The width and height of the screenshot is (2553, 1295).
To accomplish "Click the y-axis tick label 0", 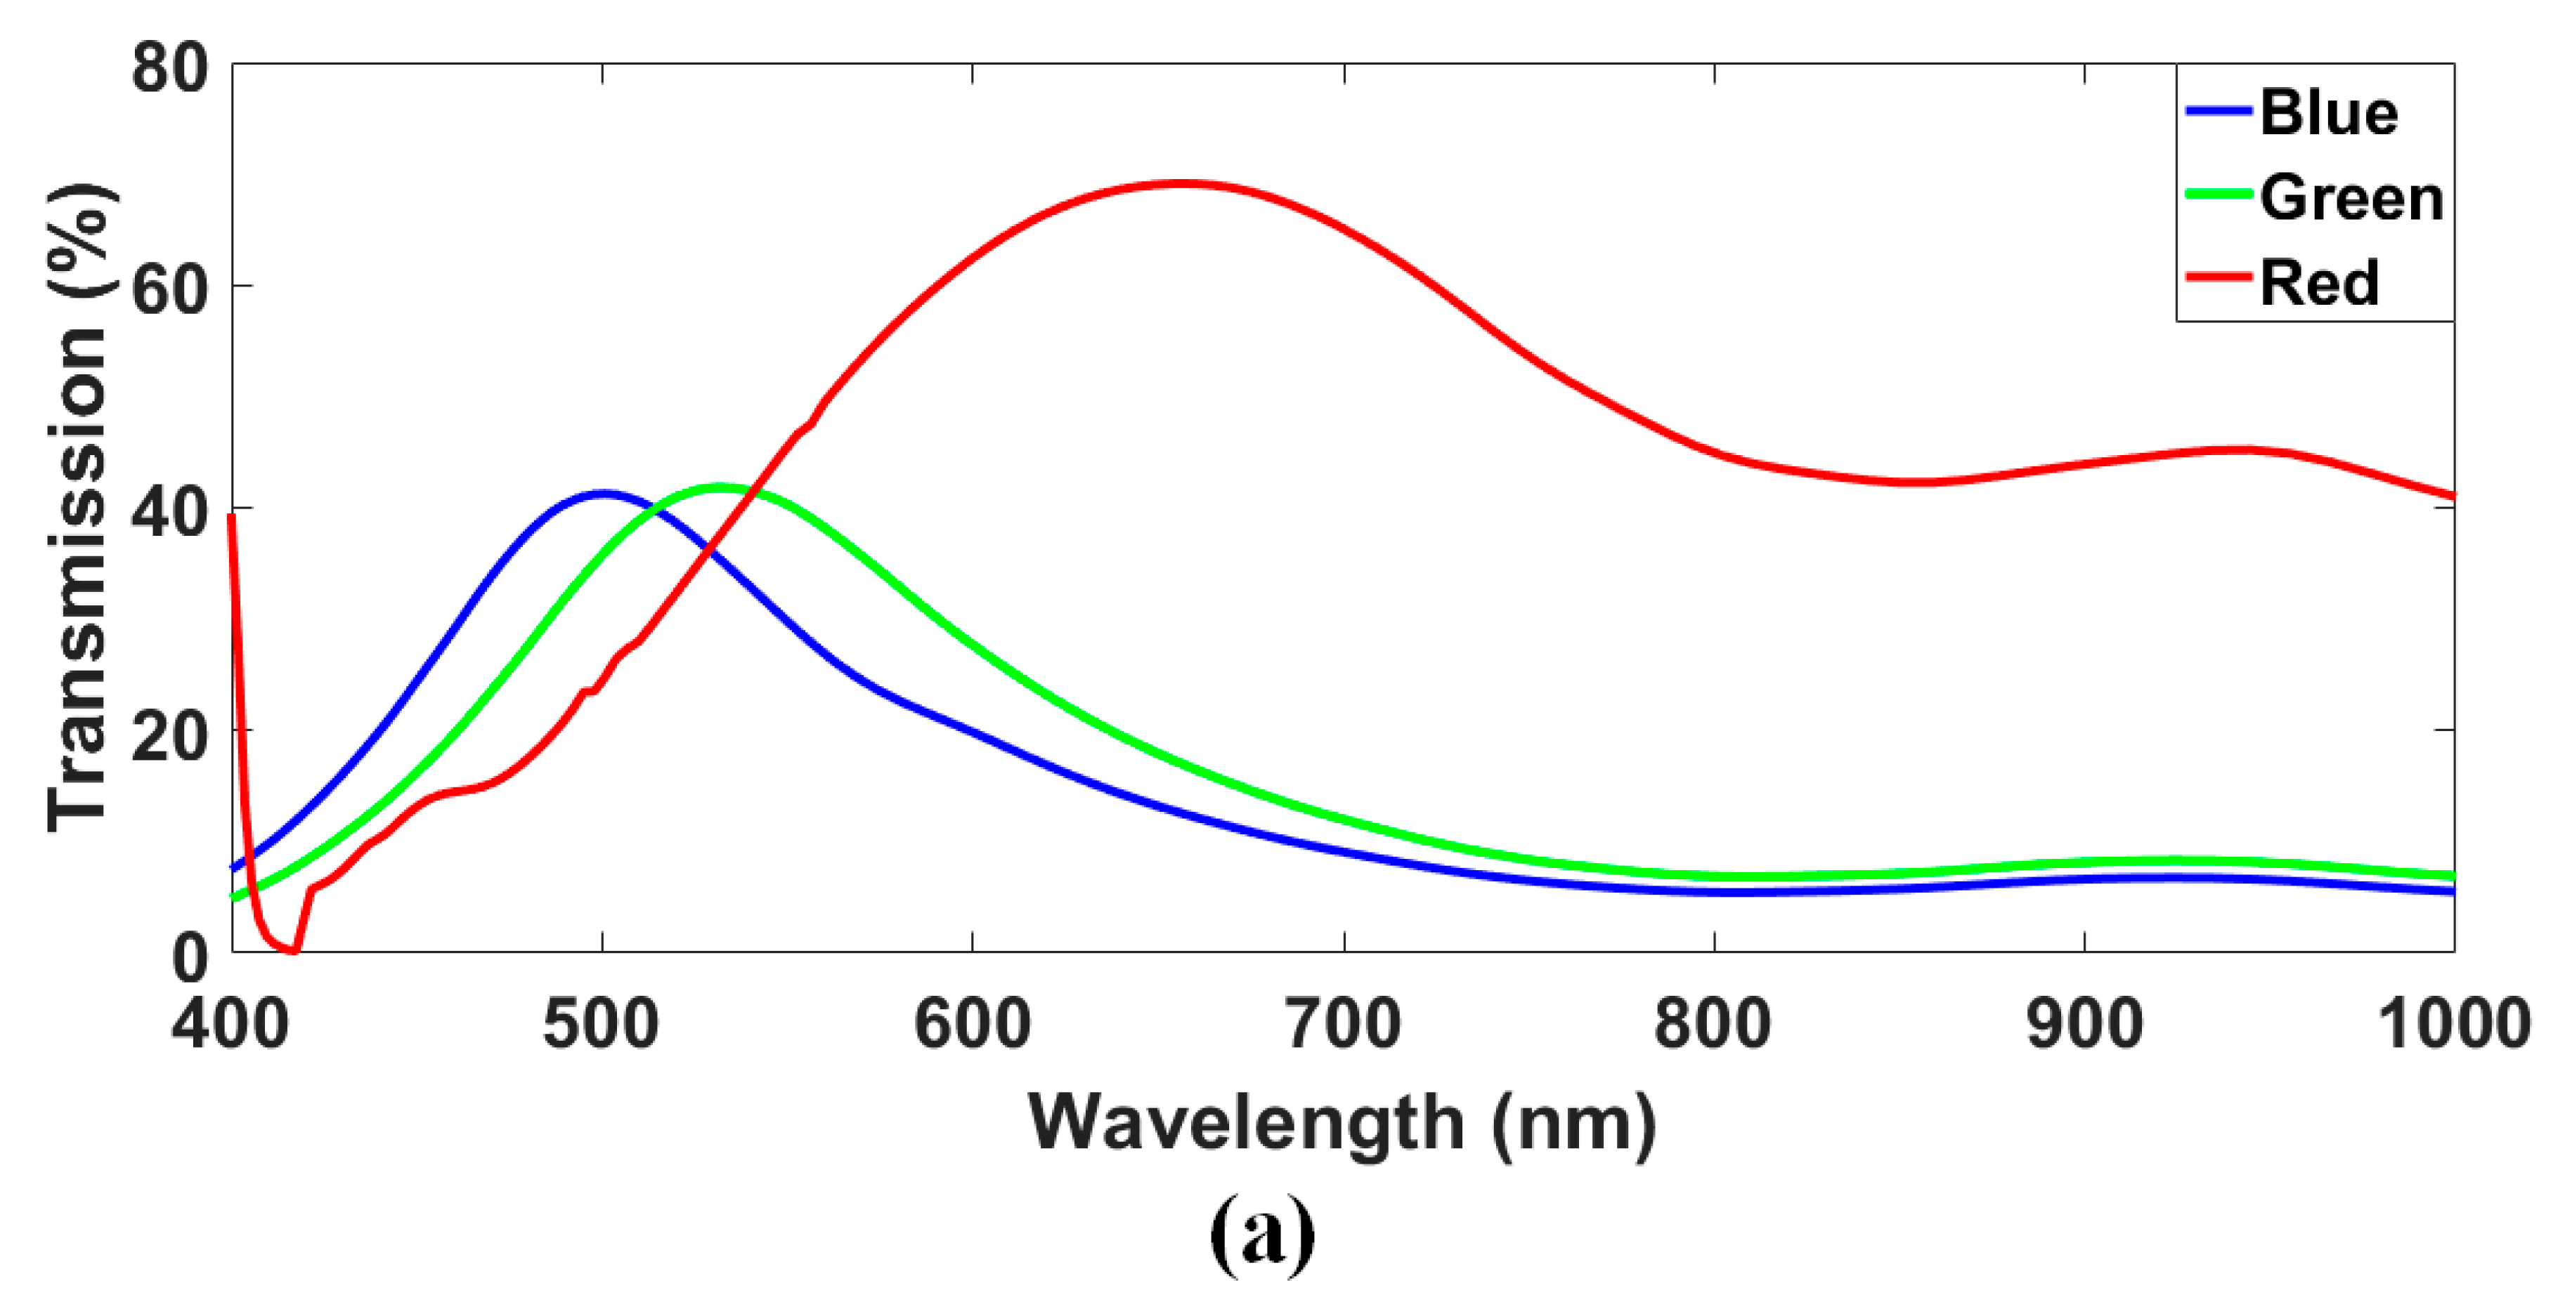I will pyautogui.click(x=190, y=957).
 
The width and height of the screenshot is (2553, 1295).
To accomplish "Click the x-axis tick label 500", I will pyautogui.click(x=601, y=1023).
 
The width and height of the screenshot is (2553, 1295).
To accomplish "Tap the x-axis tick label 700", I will pyautogui.click(x=1343, y=1023).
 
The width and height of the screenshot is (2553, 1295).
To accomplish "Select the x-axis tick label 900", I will pyautogui.click(x=2084, y=1023).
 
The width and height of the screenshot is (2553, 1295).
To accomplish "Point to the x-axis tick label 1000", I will pyautogui.click(x=2454, y=1023).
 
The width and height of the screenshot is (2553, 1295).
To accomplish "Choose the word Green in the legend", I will pyautogui.click(x=2351, y=197).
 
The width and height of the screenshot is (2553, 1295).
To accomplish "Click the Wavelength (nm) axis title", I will pyautogui.click(x=1342, y=1124).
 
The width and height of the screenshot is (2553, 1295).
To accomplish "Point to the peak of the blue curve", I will pyautogui.click(x=602, y=492).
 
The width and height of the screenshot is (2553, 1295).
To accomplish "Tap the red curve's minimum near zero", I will pyautogui.click(x=293, y=951).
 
